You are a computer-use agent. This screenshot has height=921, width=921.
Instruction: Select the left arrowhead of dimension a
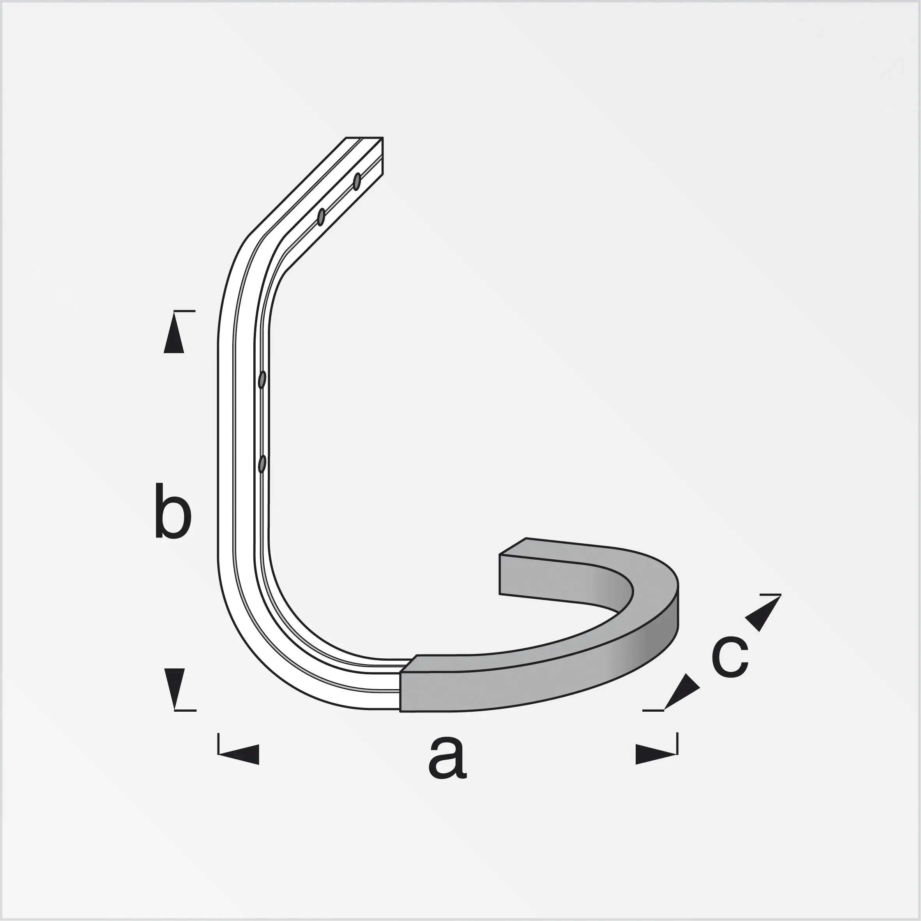tap(239, 755)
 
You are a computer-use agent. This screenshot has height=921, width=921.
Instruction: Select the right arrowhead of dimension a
tap(656, 755)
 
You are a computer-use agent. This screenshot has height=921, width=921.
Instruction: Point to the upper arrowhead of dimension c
tap(763, 613)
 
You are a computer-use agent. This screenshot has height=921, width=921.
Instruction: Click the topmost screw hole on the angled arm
tap(357, 182)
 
